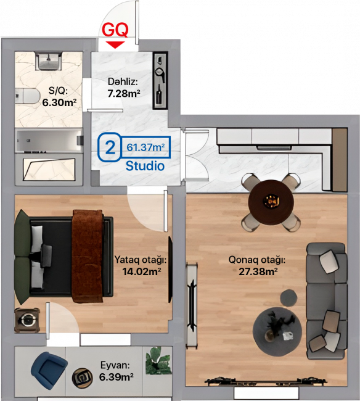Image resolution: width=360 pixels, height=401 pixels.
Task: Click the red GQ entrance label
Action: tap(115, 30)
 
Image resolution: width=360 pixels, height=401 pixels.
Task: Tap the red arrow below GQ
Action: tap(115, 44)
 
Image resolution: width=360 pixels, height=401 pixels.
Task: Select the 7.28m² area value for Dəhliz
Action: tap(124, 94)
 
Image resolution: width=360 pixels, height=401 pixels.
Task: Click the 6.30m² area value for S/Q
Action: tap(59, 102)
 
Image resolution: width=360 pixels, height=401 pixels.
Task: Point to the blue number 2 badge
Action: tap(110, 147)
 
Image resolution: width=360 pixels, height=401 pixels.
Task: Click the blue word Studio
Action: tap(145, 166)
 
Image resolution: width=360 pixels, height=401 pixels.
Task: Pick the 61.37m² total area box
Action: tap(145, 147)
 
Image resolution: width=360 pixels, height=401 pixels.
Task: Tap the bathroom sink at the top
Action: tap(48, 61)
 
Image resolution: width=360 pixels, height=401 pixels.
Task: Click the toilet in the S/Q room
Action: tap(27, 96)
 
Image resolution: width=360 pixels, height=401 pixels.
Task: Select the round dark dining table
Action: tap(271, 202)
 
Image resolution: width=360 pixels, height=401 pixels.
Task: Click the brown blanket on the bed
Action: tap(88, 256)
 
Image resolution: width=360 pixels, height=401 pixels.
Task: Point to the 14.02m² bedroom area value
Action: tap(142, 271)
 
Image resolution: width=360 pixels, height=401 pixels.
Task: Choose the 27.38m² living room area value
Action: tap(258, 271)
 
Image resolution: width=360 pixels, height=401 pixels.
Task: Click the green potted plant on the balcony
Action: tap(158, 361)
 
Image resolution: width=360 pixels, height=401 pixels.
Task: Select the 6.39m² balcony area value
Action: tap(117, 377)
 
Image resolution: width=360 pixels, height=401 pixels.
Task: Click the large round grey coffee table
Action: tap(277, 332)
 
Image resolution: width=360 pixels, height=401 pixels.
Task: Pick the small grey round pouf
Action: tap(288, 297)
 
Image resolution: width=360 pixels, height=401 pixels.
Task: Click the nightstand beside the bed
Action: tap(27, 320)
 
